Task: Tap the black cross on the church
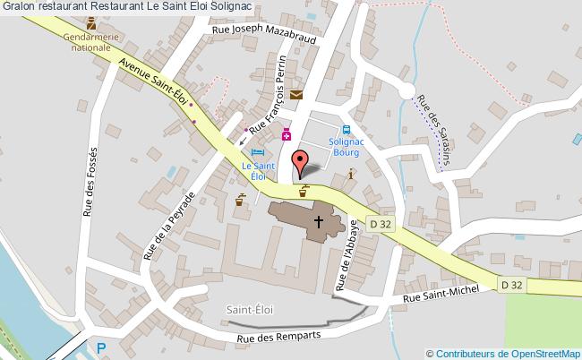point(317,220)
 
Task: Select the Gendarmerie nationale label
point(91,42)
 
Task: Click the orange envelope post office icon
point(296,95)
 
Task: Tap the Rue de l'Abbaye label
point(347,255)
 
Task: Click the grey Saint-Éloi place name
point(250,309)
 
